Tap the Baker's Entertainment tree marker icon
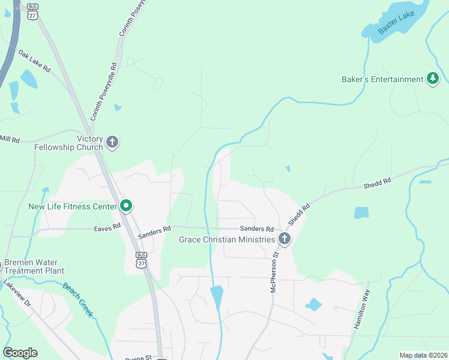[432, 79]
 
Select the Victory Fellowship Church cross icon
[112, 143]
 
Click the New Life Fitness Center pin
[126, 206]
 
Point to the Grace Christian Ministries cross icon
[285, 240]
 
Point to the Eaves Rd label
[107, 228]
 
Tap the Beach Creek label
[78, 299]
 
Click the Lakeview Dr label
[17, 293]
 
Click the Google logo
[20, 353]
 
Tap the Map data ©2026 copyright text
[423, 355]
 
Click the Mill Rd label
[10, 139]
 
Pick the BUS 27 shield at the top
[32, 13]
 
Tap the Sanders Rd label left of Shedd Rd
[256, 229]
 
